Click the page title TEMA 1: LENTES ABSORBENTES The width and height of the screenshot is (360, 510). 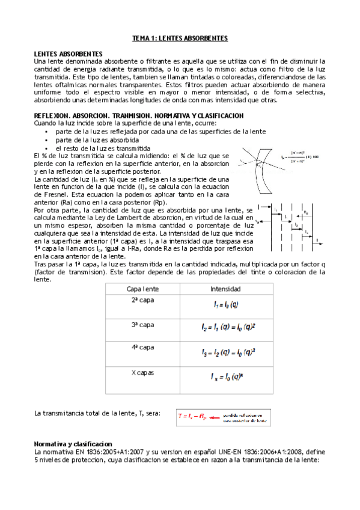(x=180, y=38)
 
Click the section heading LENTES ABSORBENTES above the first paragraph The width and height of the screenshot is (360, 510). (x=68, y=54)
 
